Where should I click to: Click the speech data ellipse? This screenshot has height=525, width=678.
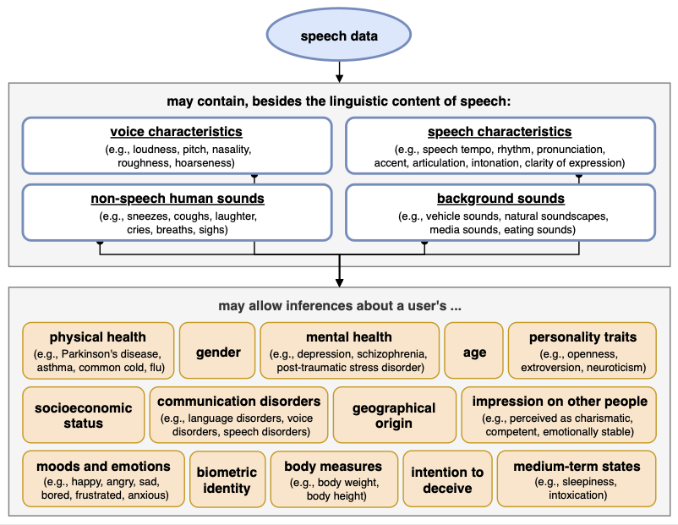(x=339, y=36)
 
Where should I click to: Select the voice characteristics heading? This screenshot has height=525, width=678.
(x=176, y=132)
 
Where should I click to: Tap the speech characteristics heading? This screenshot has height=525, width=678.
(x=500, y=132)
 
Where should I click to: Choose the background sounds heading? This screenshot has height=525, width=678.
(x=500, y=199)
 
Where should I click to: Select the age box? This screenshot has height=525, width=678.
(x=474, y=352)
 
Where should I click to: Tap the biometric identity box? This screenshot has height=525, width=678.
(x=227, y=480)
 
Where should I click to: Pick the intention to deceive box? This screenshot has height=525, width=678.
(x=447, y=480)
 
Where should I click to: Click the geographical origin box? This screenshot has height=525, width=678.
(x=393, y=415)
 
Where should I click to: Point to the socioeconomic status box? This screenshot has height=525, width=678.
(x=84, y=415)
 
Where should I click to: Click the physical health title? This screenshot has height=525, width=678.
(x=97, y=337)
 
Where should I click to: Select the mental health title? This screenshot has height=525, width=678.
(x=348, y=337)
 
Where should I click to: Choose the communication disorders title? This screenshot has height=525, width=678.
(x=239, y=402)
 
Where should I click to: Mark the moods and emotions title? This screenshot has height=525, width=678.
(x=103, y=466)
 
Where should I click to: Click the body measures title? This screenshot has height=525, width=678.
(x=333, y=466)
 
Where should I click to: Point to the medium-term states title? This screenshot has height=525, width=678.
(x=577, y=466)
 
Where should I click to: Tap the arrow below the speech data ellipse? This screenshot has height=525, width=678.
(x=339, y=72)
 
